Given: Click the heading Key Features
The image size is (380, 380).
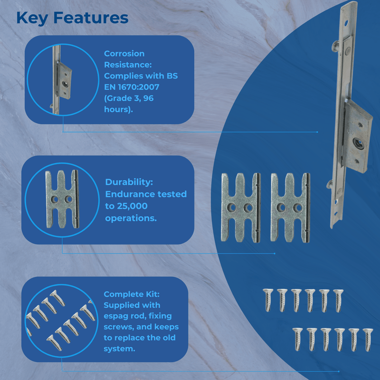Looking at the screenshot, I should pyautogui.click(x=72, y=18).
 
